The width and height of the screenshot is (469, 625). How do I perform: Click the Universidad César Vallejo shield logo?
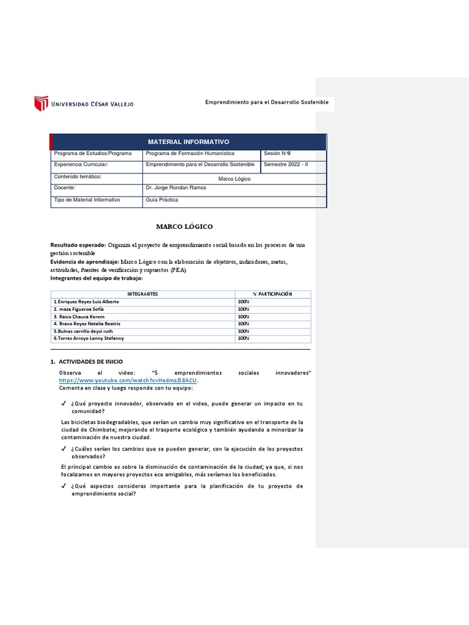(x=41, y=103)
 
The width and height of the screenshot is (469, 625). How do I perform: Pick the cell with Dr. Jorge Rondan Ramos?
(x=176, y=188)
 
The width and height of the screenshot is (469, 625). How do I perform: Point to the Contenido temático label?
(x=78, y=176)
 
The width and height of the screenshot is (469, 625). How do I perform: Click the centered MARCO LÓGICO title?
(x=184, y=226)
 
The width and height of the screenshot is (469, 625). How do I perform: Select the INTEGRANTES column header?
(x=142, y=294)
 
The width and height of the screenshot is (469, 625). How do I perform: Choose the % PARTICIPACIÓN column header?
(x=272, y=294)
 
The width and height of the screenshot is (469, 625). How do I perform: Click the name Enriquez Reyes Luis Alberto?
(x=87, y=302)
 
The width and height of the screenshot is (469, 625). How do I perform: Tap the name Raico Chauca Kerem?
(x=79, y=317)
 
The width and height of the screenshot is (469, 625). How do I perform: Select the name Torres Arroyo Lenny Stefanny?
(x=89, y=338)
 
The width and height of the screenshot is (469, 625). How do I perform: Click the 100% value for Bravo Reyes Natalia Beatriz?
(x=243, y=323)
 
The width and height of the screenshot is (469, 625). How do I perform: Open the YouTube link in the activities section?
(x=128, y=380)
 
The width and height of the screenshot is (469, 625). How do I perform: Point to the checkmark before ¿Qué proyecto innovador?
(x=64, y=404)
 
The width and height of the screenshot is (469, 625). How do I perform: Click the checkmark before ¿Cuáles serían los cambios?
(x=64, y=449)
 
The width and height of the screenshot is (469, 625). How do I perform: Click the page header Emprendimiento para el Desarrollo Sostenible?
(x=266, y=102)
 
